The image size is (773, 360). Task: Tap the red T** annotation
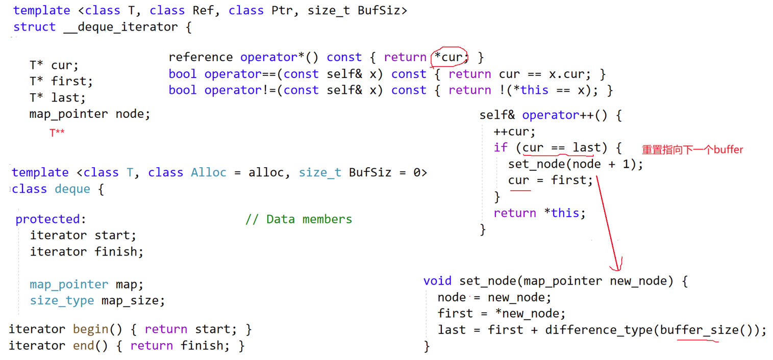click(x=57, y=133)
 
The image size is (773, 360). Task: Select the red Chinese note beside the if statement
click(x=692, y=150)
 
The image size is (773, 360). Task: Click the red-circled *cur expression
click(x=449, y=57)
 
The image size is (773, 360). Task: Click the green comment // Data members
click(x=298, y=219)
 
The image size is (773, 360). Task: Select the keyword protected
click(x=48, y=219)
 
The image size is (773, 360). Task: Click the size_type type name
click(x=62, y=300)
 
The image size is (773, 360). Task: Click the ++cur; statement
click(x=514, y=132)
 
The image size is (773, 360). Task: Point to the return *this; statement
click(x=539, y=213)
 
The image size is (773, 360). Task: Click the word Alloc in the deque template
click(x=209, y=172)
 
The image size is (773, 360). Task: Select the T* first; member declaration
click(x=61, y=81)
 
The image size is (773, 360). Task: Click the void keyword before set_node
click(x=437, y=281)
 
